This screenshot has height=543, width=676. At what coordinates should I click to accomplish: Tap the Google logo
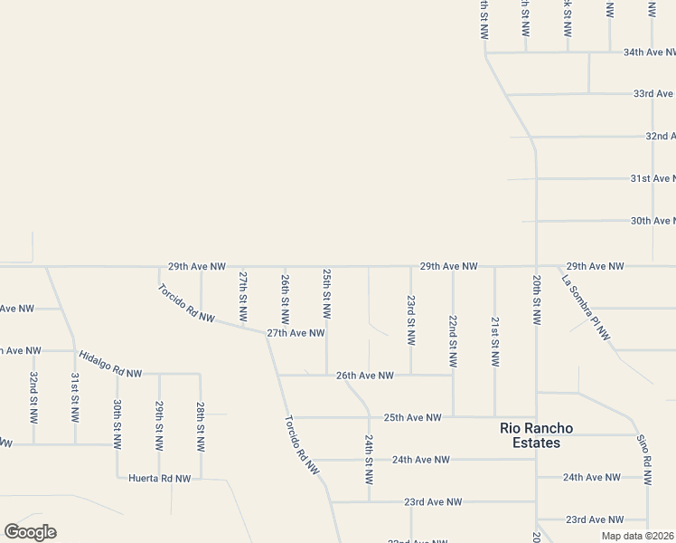[30, 532]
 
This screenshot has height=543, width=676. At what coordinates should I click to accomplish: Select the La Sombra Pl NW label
[587, 309]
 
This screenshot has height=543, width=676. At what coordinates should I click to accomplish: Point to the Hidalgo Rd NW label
[110, 365]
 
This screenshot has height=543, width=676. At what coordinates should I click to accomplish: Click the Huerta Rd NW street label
[159, 478]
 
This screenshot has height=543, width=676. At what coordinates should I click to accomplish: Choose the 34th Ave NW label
[650, 52]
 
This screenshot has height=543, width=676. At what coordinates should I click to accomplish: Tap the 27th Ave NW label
[296, 333]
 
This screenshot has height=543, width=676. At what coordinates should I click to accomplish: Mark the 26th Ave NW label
[365, 375]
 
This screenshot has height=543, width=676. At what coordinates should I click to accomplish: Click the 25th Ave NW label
[412, 417]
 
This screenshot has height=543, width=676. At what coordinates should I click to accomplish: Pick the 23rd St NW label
[410, 320]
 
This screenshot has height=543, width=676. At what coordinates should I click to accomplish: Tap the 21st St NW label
[494, 341]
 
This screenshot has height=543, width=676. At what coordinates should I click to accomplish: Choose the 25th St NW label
[326, 293]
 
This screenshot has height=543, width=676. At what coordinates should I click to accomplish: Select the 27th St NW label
[242, 296]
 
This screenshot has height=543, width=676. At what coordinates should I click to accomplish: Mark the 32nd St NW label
[33, 397]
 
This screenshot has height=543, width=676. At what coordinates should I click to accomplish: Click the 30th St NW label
[117, 424]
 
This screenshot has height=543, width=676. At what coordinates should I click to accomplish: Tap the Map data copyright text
[637, 536]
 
